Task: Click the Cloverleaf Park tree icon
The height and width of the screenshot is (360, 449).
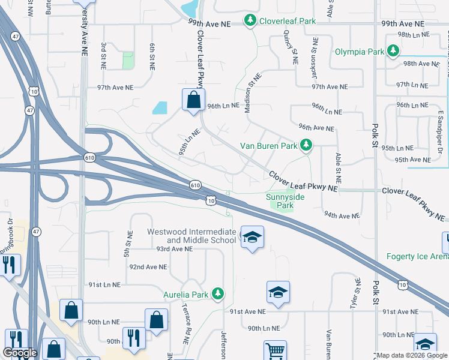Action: (250, 21)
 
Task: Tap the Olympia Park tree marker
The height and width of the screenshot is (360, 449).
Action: (393, 52)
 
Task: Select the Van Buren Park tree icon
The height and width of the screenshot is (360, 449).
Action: (306, 145)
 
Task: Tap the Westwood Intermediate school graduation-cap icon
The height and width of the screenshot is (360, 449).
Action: (252, 237)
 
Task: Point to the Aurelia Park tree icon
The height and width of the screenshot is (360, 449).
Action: (219, 295)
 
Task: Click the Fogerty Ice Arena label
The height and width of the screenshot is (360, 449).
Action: (417, 257)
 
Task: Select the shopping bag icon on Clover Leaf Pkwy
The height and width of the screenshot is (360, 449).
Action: (193, 100)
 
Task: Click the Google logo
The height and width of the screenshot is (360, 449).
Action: (20, 353)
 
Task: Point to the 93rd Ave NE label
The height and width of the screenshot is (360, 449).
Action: (174, 248)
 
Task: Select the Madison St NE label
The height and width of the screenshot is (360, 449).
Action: (252, 93)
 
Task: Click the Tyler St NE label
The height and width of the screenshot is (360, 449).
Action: (354, 294)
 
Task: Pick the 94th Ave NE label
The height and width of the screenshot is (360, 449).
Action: (342, 215)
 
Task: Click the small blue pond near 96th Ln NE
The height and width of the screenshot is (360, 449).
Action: (160, 108)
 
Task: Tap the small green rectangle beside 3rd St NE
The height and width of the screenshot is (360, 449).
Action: (127, 61)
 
